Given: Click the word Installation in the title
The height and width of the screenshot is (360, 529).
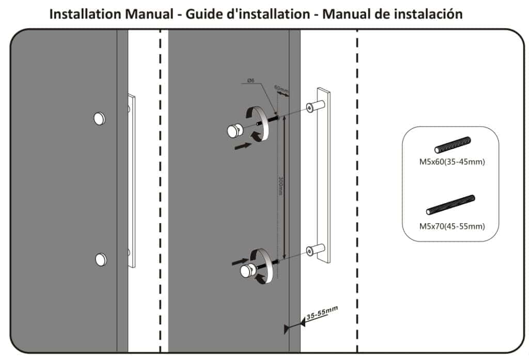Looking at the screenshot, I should (85, 14).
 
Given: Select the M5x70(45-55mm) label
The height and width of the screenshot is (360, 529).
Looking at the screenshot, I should (452, 226).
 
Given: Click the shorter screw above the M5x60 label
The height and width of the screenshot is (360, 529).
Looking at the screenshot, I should (453, 145).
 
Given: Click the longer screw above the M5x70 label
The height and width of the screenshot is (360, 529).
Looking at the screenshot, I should (450, 205).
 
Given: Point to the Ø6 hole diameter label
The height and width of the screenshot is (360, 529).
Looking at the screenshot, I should (250, 80).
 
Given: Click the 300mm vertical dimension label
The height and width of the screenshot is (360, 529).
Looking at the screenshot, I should (281, 186).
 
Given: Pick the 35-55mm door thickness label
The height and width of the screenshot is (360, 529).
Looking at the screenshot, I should (322, 313).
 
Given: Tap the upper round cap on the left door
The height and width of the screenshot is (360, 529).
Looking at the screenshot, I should (99, 118).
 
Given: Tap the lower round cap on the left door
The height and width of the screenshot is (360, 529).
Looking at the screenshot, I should (101, 259).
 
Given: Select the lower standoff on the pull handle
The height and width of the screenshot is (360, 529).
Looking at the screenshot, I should (312, 249).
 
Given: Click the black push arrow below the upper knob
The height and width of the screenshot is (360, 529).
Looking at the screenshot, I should (242, 146).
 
